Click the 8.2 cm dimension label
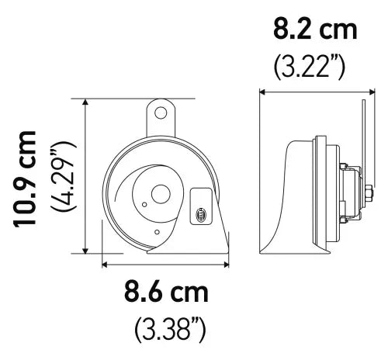click(315, 30)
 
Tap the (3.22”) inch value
click(310, 66)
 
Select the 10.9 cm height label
click(24, 180)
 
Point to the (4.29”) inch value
click(64, 177)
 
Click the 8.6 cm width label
click(166, 292)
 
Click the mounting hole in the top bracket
click(161, 112)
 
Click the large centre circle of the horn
click(161, 195)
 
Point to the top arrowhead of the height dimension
click(85, 102)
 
